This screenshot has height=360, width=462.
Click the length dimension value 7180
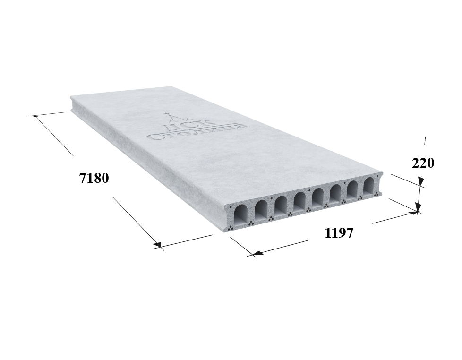94,178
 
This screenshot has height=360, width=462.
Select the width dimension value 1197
339,233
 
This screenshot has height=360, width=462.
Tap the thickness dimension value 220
423,163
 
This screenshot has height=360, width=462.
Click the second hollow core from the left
261,209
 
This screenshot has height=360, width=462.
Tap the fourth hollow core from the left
299,201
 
